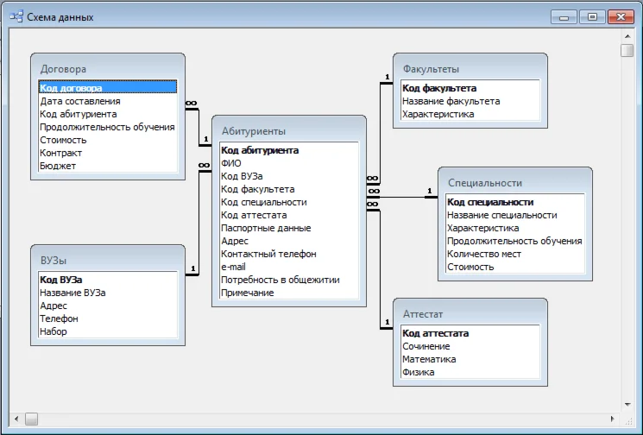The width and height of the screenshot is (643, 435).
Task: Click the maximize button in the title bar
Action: coord(592,16)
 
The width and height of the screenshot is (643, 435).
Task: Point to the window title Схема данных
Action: coord(60,17)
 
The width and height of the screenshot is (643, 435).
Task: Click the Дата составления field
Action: coord(80,101)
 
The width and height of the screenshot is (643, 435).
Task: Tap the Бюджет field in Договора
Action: coord(58,166)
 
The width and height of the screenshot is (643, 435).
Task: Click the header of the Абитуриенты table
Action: coord(254,131)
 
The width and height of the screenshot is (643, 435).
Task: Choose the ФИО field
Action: coord(231,163)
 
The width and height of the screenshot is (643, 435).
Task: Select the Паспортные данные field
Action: coord(266,228)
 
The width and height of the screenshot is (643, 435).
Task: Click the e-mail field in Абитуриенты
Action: coord(235,267)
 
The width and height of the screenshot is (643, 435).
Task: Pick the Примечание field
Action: coord(248,293)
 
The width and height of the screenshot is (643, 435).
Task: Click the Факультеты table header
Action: coord(431,69)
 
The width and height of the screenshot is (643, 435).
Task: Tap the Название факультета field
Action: coord(451,101)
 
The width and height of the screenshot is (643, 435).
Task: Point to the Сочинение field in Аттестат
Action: coord(426,346)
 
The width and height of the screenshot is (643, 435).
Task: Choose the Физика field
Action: coord(419,372)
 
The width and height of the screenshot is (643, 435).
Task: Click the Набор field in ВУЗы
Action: coord(53,331)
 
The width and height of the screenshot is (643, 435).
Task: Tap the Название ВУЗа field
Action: coord(72,293)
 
